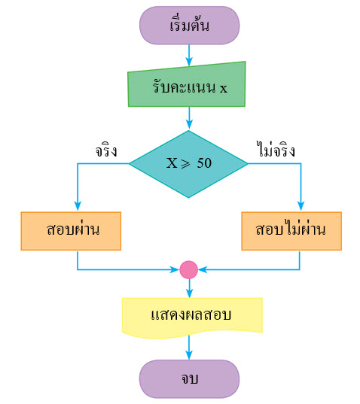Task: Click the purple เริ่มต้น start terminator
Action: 189,26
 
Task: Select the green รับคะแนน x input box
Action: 187,85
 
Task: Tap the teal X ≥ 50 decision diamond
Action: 188,164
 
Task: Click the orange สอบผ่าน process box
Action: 71,231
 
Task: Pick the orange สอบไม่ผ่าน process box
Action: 291,231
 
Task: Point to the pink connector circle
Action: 189,270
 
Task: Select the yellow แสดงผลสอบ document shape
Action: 192,317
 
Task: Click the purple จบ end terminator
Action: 189,379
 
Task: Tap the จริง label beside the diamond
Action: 106,150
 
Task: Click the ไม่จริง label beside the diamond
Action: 276,150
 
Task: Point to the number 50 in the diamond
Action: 204,163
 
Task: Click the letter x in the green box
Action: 224,88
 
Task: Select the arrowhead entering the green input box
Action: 189,62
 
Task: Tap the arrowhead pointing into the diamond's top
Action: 189,124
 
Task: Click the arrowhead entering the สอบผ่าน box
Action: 78,206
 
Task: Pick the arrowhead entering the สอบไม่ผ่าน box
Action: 301,206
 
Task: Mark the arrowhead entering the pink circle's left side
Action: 174,270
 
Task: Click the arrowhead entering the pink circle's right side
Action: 203,270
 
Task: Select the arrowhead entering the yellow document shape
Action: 190,293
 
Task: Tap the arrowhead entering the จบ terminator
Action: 189,355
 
